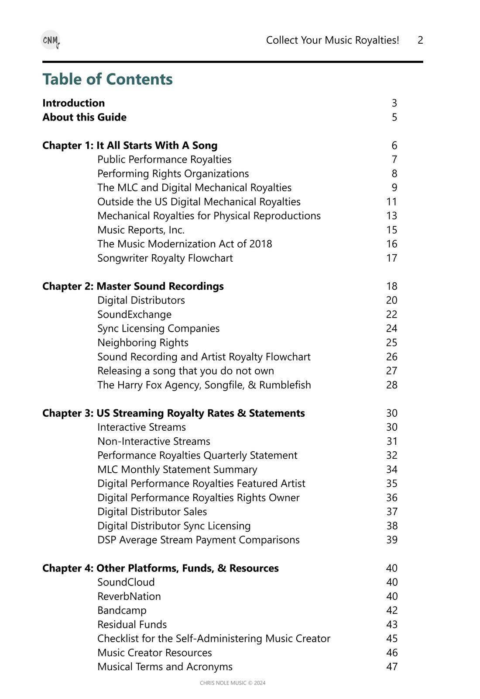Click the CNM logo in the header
51,40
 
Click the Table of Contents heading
107,79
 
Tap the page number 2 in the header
420,40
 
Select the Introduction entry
73,103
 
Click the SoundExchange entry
134,315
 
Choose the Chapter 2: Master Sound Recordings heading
133,286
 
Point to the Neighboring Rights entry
143,343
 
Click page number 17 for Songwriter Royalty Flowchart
391,258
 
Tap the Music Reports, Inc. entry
141,230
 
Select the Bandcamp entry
122,610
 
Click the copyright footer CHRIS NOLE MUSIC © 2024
233,683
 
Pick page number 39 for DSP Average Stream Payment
391,540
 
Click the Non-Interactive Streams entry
154,441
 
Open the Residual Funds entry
132,624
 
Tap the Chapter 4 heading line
160,568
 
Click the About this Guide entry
84,117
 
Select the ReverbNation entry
129,596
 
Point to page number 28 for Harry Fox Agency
391,385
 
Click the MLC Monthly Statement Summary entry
177,470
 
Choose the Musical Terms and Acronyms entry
165,667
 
